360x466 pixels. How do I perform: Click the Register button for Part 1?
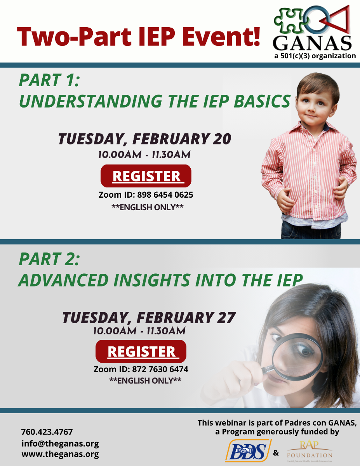click(146, 176)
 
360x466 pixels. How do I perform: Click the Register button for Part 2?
click(141, 351)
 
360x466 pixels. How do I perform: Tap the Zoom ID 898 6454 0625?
click(146, 195)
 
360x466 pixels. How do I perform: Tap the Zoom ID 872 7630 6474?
click(141, 369)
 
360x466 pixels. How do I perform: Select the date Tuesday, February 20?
click(144, 139)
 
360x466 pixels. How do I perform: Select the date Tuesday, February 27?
click(149, 318)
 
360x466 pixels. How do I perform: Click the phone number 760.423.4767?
click(47, 432)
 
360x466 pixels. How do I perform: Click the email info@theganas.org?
click(60, 443)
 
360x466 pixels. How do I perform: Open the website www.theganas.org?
click(60, 454)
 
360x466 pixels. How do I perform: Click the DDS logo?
click(248, 451)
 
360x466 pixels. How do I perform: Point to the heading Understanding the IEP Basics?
click(154, 101)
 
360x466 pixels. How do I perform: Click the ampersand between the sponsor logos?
click(276, 453)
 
